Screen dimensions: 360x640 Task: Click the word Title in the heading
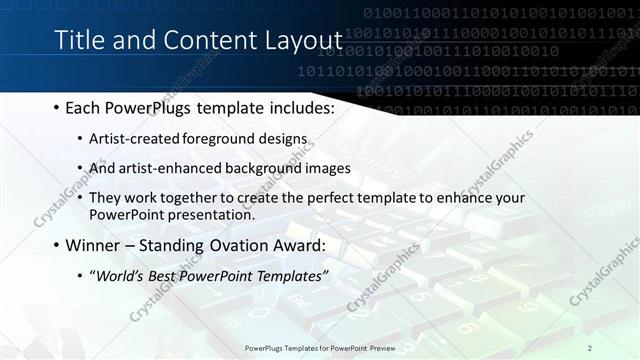click(x=79, y=40)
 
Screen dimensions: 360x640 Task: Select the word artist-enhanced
click(x=162, y=168)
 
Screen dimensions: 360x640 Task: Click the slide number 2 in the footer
click(x=590, y=347)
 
